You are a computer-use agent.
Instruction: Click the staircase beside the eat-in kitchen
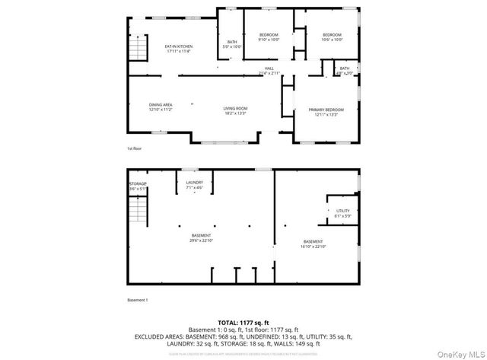pos(136,50)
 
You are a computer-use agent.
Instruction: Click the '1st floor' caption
pos(134,149)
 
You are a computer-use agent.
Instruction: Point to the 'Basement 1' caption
pos(137,300)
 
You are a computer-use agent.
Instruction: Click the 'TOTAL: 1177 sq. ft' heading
pos(243,322)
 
